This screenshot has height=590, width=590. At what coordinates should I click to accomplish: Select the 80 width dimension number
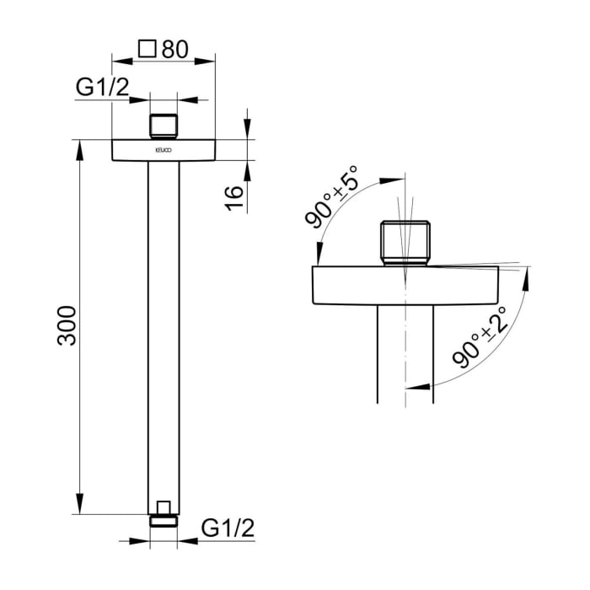click(174, 49)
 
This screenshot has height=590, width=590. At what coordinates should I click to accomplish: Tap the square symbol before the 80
click(147, 49)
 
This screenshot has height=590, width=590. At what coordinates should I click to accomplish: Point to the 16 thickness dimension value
click(235, 195)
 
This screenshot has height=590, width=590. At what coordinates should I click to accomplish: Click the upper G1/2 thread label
click(102, 86)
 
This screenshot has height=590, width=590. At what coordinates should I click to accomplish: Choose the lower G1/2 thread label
click(228, 528)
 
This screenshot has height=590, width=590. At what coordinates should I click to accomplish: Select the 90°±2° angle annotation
click(480, 337)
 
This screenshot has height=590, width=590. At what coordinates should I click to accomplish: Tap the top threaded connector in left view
click(164, 126)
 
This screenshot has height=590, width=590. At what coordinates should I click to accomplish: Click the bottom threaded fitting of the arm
click(164, 513)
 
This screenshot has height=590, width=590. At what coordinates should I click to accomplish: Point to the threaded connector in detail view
click(405, 242)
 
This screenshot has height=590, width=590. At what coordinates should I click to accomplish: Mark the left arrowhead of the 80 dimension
click(119, 61)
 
